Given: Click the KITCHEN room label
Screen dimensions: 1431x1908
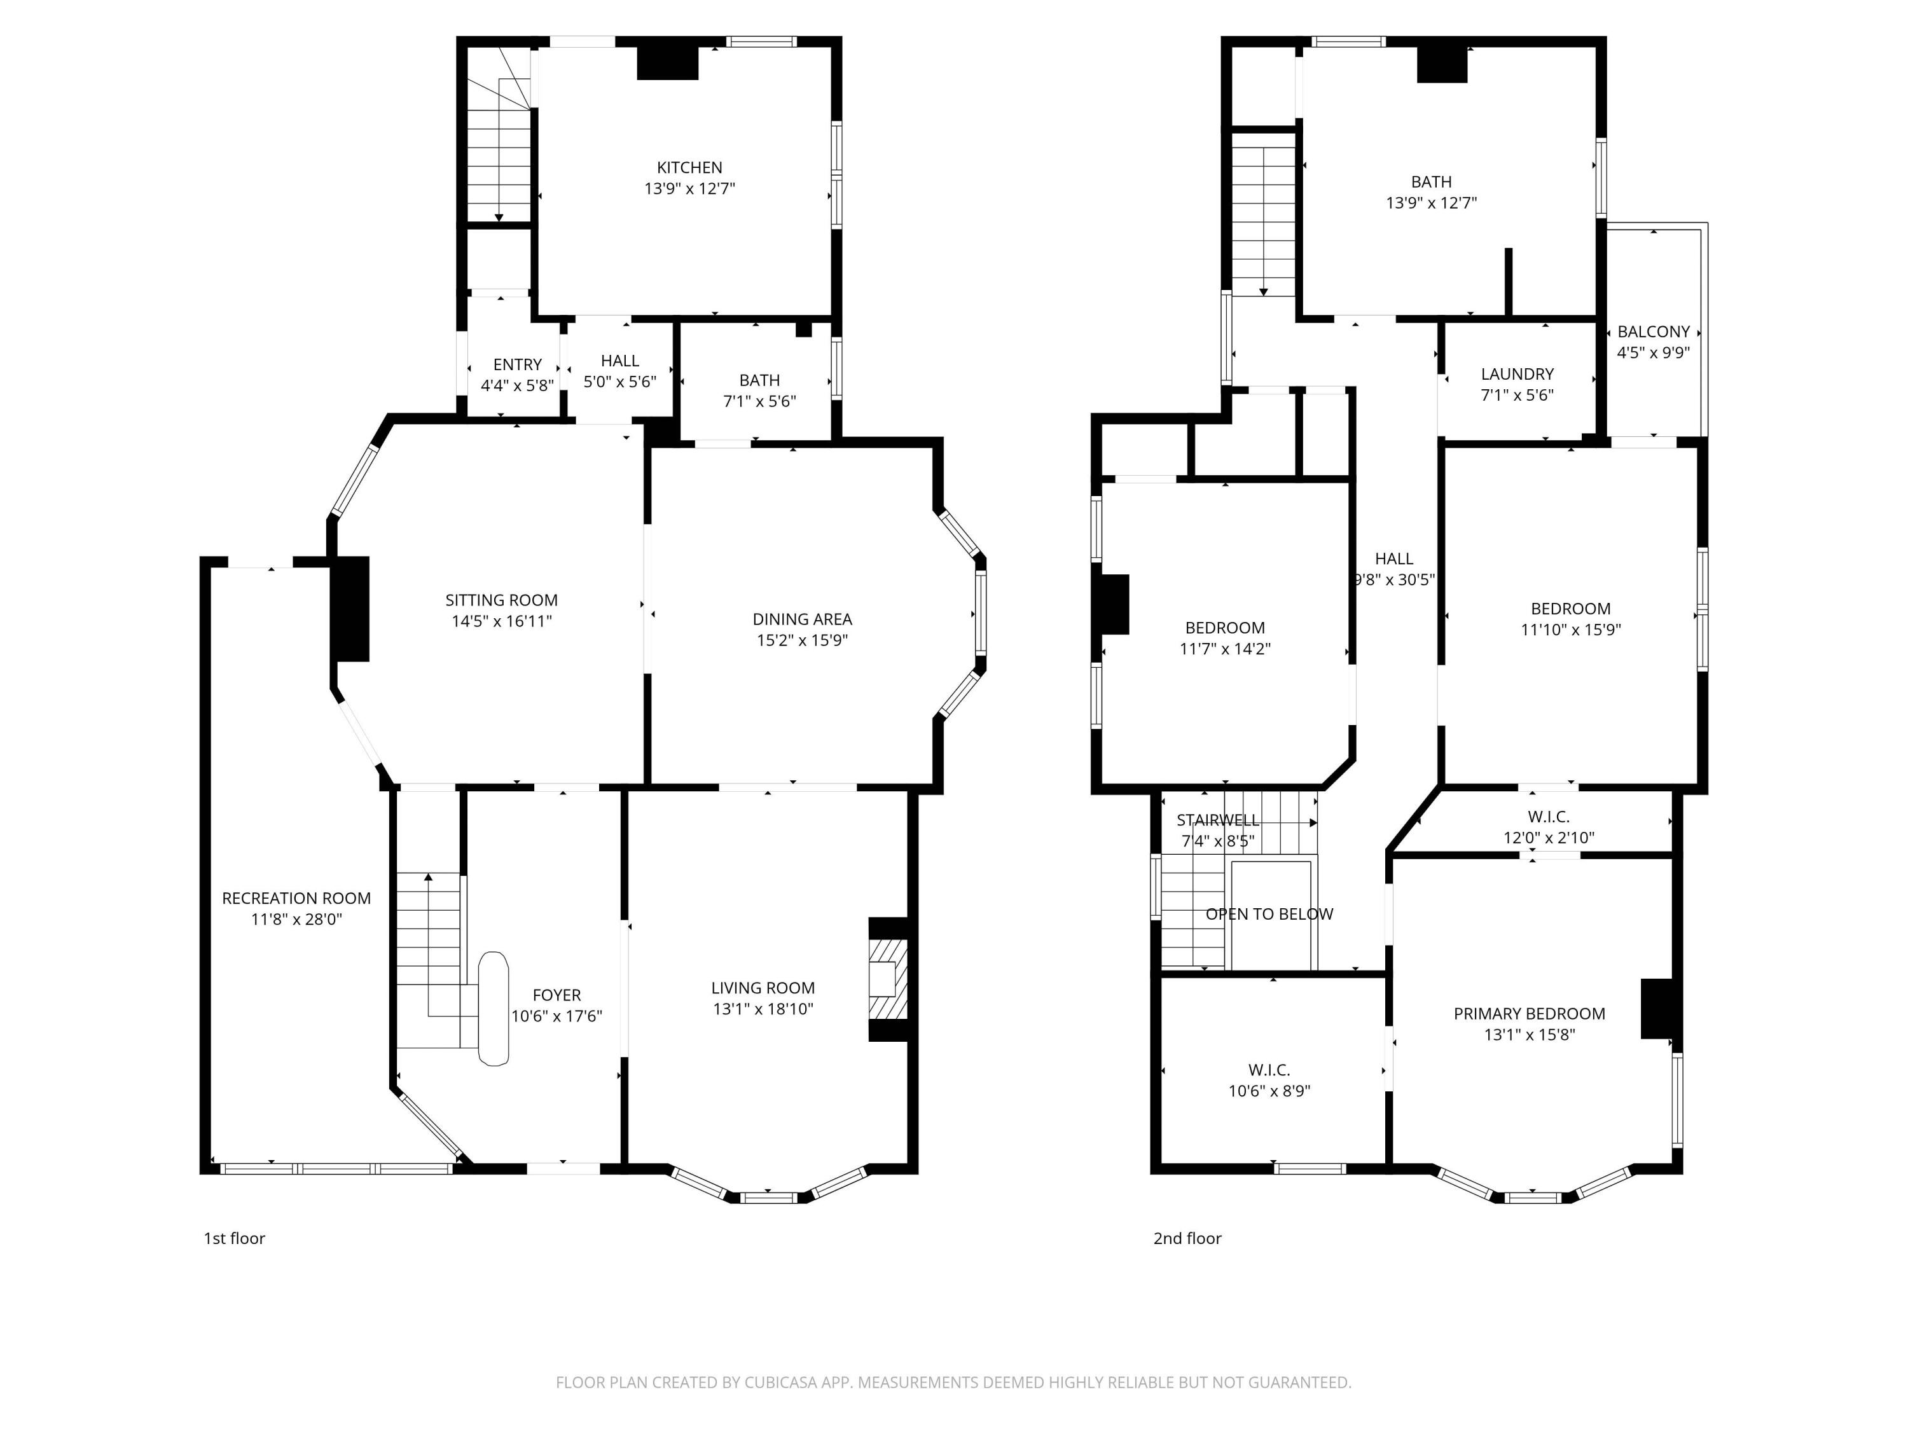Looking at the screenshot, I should point(689,167).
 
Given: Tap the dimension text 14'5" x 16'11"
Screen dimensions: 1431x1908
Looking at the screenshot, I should point(501,621).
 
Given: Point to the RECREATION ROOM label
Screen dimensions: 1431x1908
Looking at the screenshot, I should point(296,898).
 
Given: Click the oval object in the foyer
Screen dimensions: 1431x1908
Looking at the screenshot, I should point(494,1008).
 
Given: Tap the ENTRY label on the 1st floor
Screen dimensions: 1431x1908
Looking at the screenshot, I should point(518,364).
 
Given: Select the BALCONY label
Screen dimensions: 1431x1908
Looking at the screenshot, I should point(1653,331).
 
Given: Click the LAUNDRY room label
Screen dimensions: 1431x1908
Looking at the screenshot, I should point(1517,373).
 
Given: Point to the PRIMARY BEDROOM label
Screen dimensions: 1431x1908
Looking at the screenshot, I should point(1530,1014).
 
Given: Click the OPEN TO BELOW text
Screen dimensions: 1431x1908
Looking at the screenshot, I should point(1269,913).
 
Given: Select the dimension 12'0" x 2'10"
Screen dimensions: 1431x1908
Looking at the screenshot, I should point(1548,837).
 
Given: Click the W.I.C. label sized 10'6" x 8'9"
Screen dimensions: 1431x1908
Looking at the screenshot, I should point(1269,1070).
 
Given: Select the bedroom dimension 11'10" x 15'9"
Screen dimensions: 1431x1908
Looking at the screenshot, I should point(1570,630).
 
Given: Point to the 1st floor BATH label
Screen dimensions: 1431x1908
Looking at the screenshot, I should point(759,380).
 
